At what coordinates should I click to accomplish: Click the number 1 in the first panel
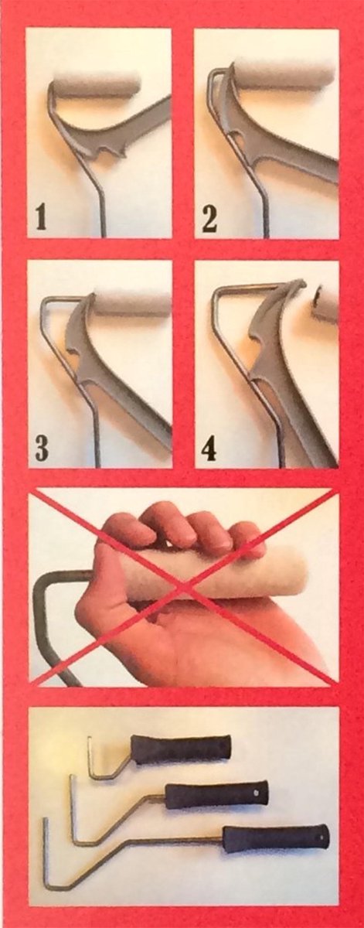pos(40,219)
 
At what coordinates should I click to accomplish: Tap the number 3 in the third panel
pos(42,446)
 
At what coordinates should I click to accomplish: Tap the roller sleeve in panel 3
pos(131,303)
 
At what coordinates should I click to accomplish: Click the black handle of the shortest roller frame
pos(181,748)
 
